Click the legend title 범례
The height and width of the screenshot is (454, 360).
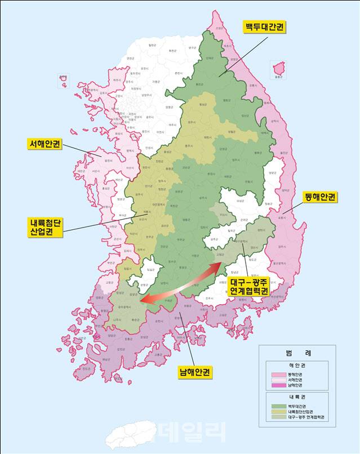point(297,353)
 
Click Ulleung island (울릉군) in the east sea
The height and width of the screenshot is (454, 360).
point(277,69)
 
